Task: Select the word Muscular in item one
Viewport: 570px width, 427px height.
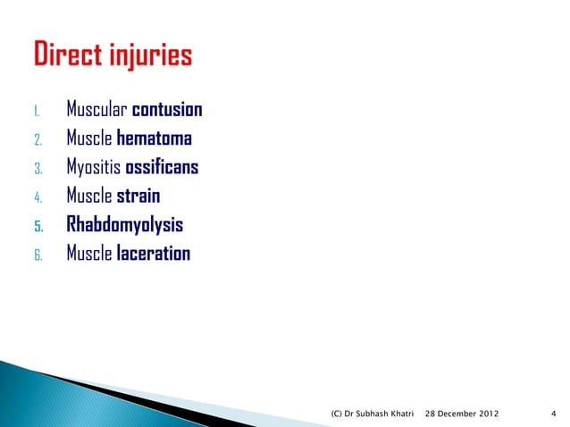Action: (x=96, y=111)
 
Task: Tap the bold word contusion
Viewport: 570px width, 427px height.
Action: (x=167, y=111)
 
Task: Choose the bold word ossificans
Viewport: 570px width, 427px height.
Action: (x=163, y=168)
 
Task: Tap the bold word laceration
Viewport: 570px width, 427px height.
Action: (x=154, y=254)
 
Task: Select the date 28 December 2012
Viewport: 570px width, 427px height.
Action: (x=462, y=414)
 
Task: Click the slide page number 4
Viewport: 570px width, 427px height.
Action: (x=554, y=414)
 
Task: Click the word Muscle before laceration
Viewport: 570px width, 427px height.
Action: (x=89, y=254)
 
